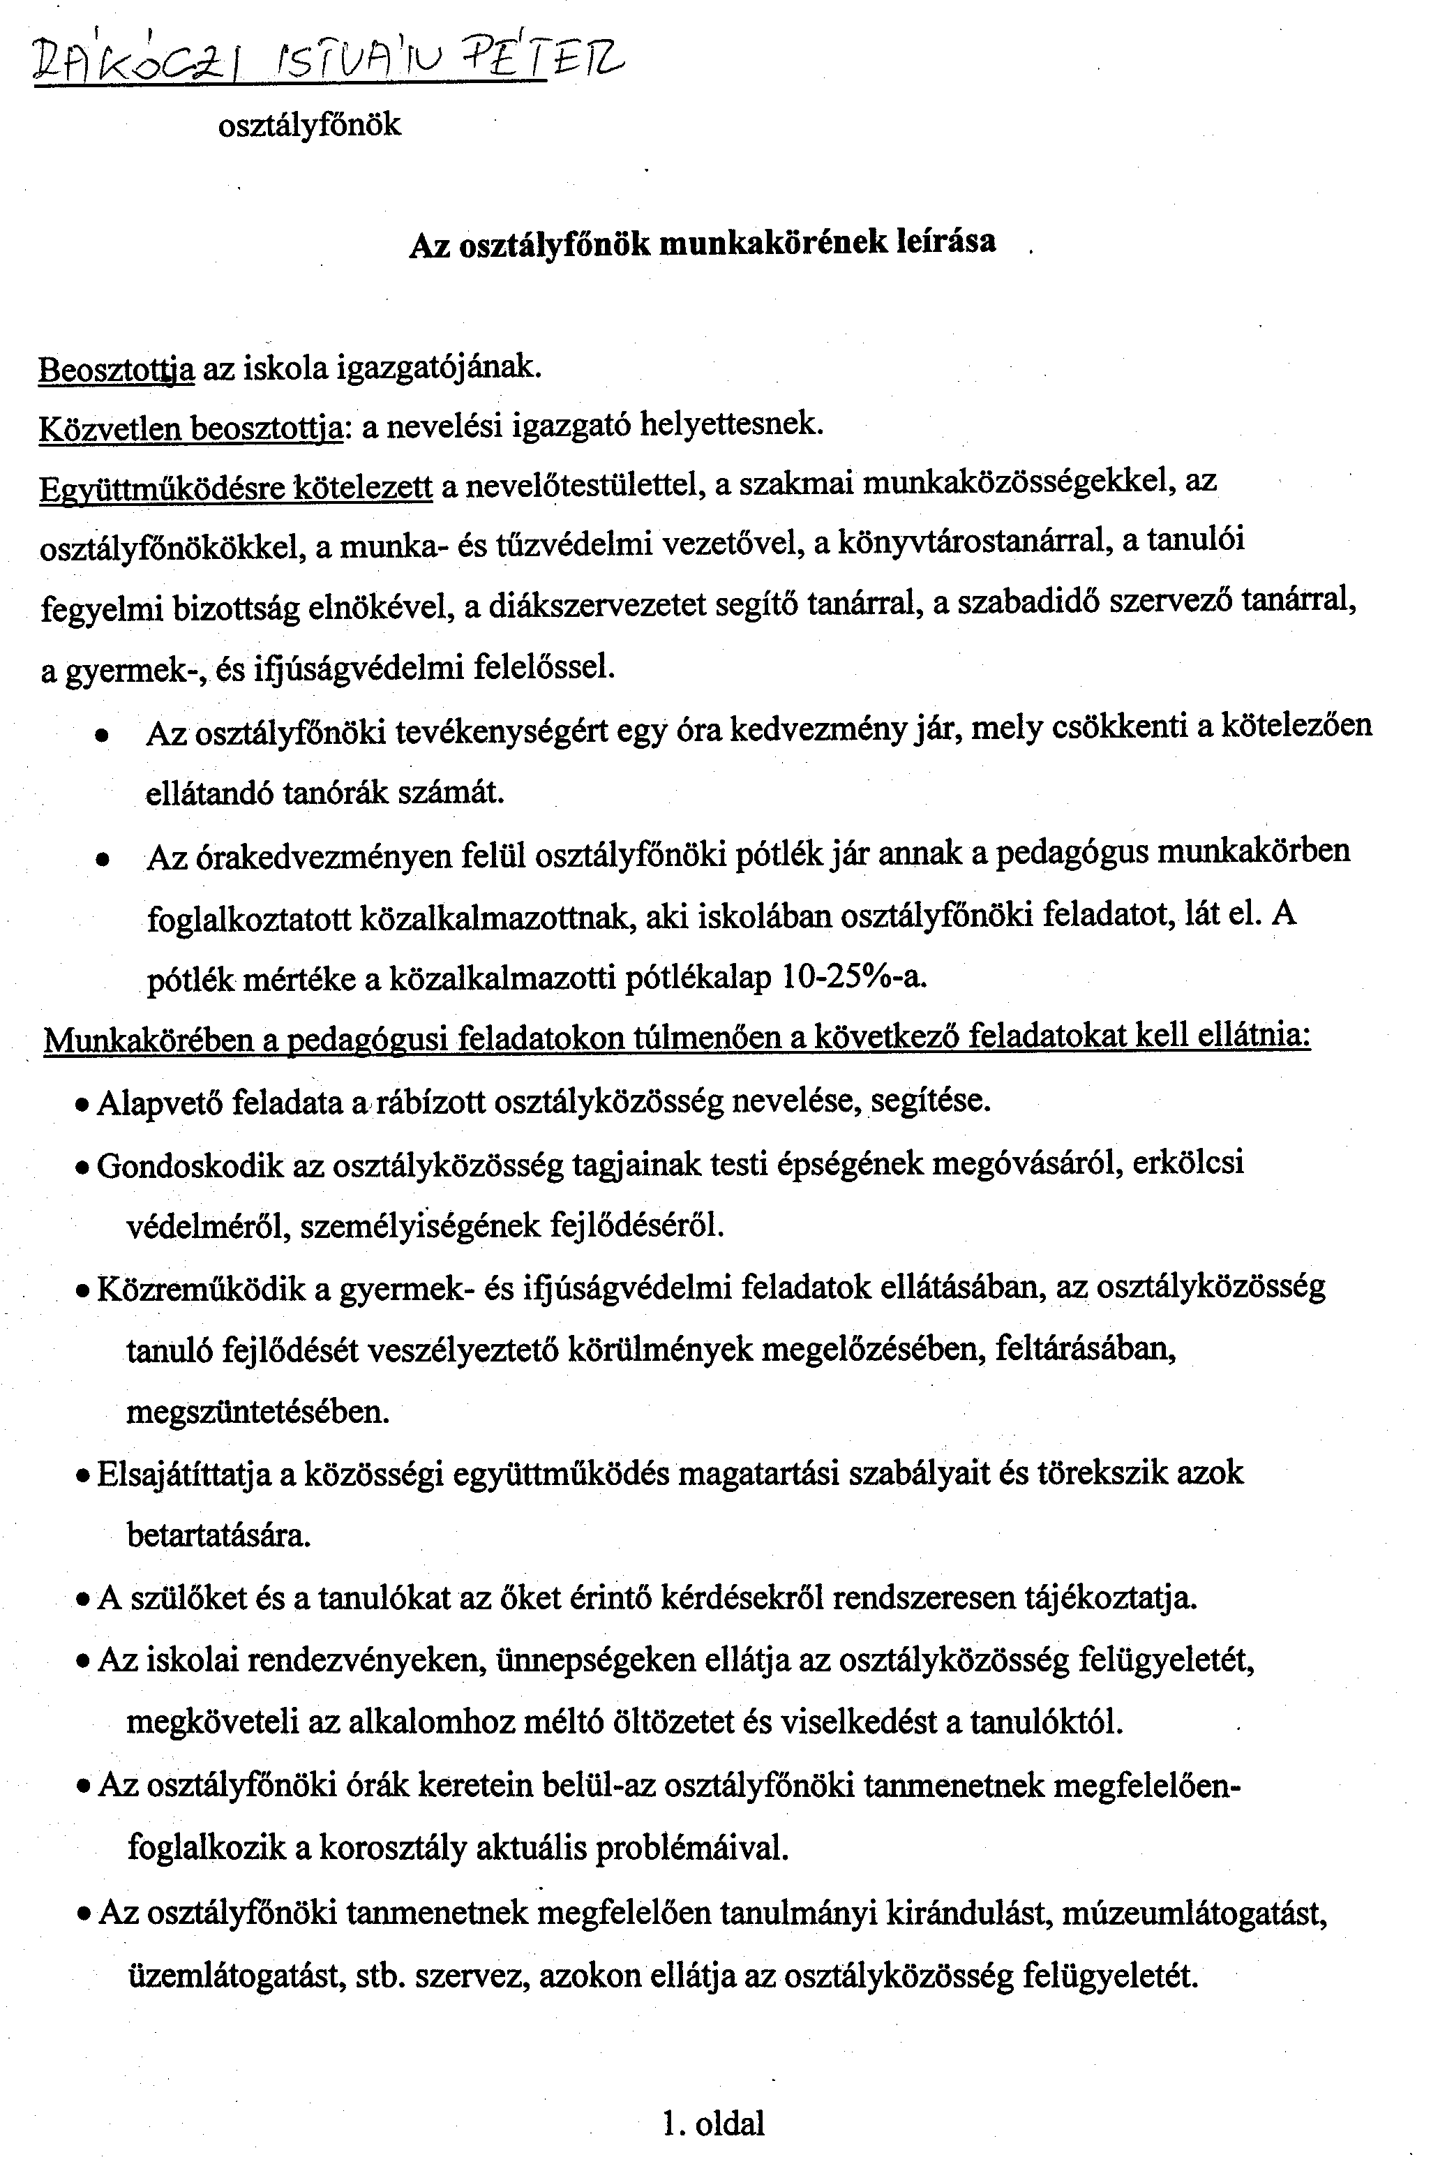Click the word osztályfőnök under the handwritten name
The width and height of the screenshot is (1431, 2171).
(309, 124)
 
